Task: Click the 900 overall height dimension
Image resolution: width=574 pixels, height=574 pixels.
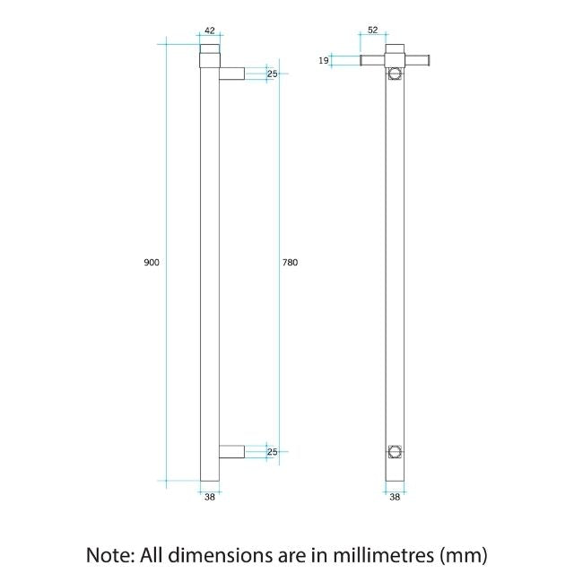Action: (x=152, y=263)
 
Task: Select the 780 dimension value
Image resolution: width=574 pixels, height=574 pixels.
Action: (x=290, y=263)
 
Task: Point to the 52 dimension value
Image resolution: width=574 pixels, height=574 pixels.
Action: (x=371, y=29)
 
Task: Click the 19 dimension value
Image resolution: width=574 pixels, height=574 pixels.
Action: (x=323, y=60)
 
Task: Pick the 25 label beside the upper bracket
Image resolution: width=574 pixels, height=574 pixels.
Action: (x=272, y=74)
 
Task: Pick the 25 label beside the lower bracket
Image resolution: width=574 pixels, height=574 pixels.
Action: (x=272, y=452)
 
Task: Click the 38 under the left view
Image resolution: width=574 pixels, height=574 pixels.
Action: (x=209, y=496)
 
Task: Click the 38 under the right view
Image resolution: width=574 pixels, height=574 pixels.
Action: (x=395, y=496)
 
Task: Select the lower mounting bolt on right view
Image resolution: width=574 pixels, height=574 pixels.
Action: (x=395, y=450)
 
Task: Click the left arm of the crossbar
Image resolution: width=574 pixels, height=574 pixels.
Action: (x=373, y=60)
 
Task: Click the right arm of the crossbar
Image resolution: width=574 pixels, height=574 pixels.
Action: (x=417, y=60)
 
